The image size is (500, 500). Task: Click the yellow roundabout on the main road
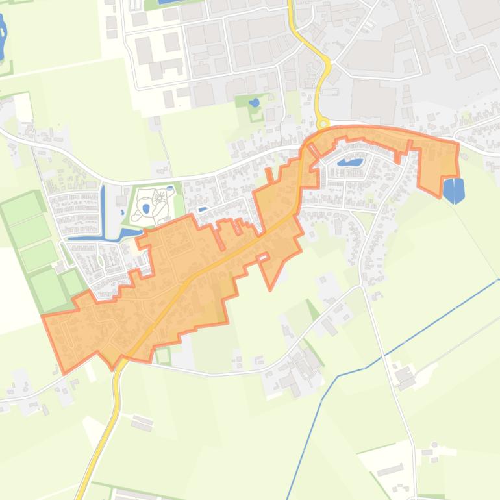323,123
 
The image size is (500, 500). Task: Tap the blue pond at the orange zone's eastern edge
453,190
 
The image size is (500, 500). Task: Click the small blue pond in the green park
255,103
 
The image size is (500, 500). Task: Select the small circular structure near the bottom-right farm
434,445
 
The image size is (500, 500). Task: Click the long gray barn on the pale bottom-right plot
390,469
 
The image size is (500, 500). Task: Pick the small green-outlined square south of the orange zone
163,355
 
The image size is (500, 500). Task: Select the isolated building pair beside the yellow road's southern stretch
142,423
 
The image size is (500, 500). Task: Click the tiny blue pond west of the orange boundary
203,209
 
